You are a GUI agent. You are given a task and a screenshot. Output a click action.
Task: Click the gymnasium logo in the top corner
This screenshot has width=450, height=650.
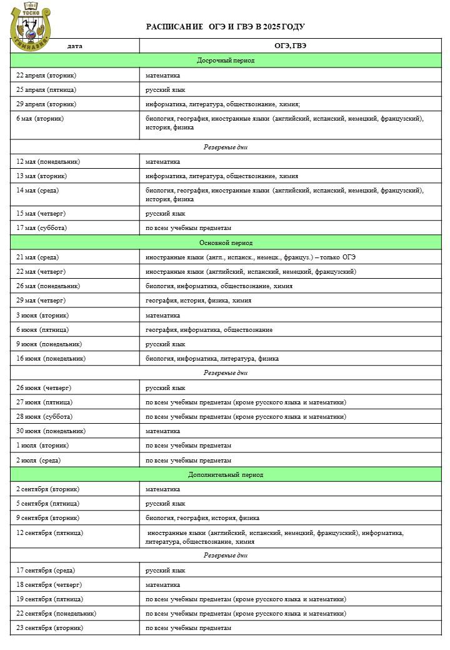point(30,25)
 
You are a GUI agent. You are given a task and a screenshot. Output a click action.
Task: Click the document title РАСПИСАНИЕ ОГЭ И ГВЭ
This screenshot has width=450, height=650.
point(225,27)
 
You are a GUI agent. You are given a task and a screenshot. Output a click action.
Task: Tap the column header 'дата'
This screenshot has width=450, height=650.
point(74,46)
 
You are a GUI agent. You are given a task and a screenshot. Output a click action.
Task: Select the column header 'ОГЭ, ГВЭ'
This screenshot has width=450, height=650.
point(290,46)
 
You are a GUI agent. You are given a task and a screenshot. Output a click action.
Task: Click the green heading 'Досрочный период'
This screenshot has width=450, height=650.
point(225,61)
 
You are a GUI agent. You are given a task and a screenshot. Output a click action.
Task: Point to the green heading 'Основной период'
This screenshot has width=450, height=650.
point(225,242)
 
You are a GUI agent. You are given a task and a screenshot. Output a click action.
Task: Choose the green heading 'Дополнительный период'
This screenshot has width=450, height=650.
point(225,475)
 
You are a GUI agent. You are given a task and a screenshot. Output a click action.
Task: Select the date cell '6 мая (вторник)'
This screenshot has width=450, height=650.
point(40,118)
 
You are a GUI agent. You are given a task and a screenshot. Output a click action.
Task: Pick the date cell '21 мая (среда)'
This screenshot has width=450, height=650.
point(39,257)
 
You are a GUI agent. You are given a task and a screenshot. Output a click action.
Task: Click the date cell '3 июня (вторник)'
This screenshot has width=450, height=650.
point(42,316)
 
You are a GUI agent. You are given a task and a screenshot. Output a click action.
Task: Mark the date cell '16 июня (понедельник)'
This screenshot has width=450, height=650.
point(51,359)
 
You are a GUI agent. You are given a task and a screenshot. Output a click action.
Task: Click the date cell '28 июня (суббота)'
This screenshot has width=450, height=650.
point(44,417)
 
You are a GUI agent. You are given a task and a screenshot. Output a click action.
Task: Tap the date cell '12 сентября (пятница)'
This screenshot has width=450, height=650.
point(49,533)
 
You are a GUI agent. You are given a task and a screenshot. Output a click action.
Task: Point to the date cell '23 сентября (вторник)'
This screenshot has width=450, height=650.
point(49,628)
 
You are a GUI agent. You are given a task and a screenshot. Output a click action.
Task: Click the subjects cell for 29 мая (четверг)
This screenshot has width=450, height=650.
point(199,301)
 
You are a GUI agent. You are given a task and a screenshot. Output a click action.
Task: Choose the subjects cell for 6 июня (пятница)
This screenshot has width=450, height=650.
point(209,330)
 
